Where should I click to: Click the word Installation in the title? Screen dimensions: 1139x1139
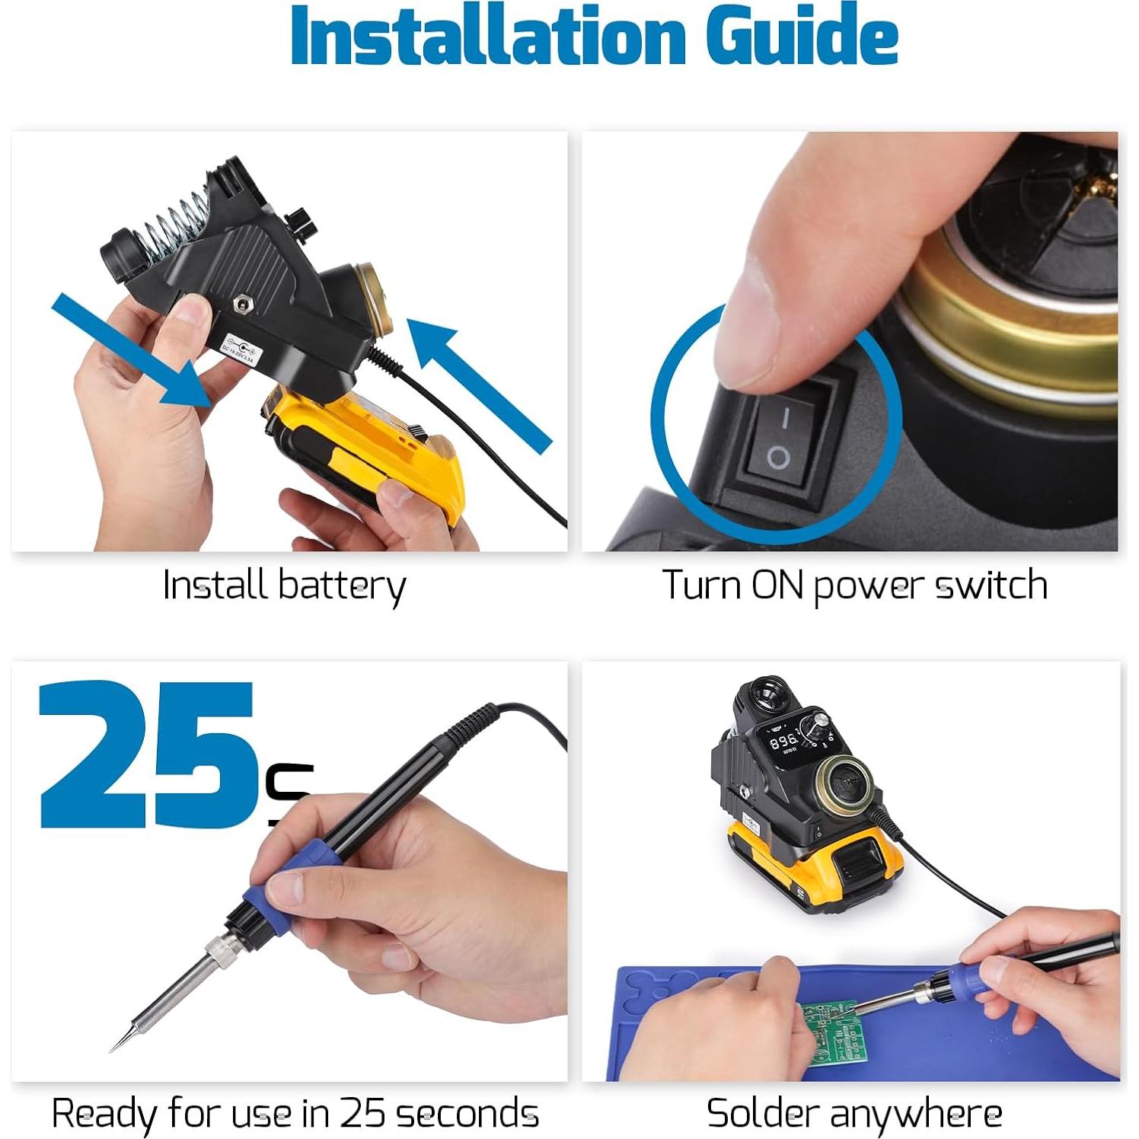[488, 37]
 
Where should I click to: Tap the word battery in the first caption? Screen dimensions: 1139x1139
[341, 586]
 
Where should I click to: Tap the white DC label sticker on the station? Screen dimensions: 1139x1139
[241, 348]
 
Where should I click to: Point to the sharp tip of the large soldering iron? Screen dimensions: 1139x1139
[114, 1049]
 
